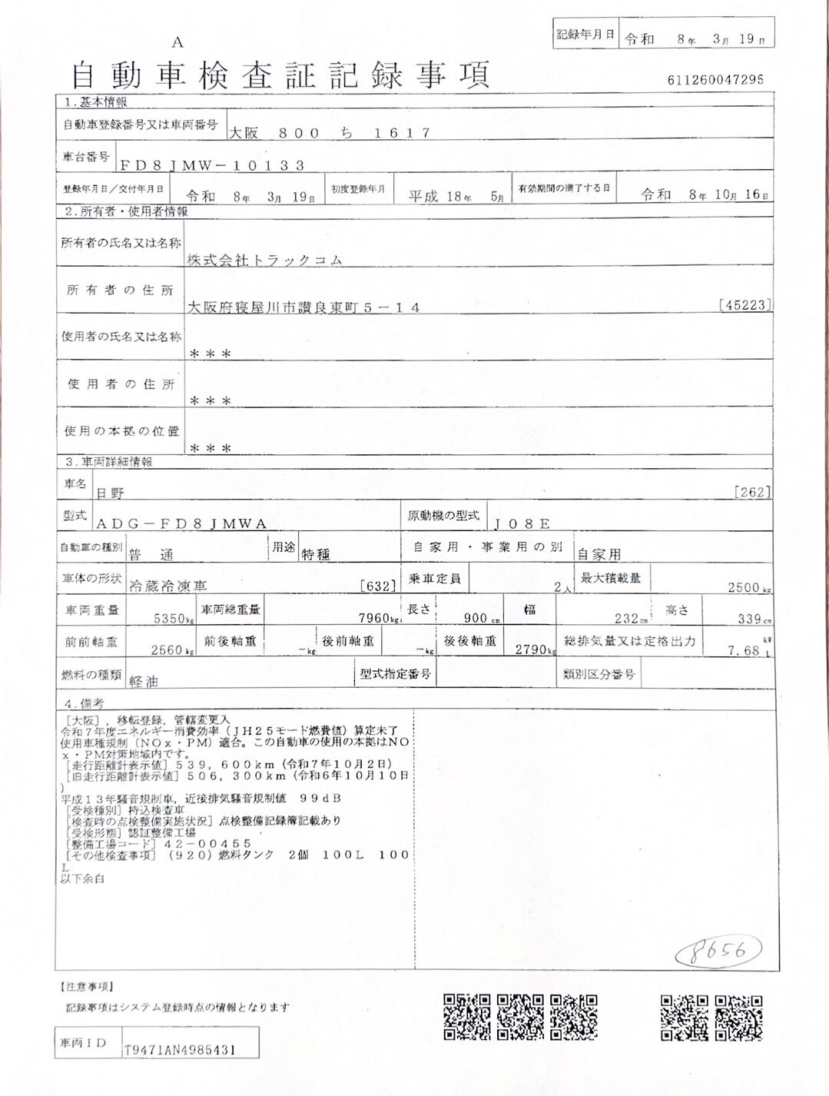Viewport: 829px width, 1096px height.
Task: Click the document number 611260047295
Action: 715,79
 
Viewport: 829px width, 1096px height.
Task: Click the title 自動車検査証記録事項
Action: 280,75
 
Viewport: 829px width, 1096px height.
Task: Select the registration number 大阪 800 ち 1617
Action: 330,133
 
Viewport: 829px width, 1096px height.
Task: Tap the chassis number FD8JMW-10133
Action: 212,165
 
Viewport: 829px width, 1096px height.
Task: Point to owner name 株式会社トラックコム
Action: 265,261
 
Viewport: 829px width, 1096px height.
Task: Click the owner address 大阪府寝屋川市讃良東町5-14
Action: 304,307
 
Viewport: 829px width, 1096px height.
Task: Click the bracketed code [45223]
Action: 745,305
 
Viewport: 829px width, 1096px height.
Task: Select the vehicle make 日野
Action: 109,493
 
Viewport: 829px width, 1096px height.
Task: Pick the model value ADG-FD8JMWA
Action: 181,523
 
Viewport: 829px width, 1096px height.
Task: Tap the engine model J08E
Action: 522,523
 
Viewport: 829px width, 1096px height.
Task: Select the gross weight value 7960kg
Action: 376,618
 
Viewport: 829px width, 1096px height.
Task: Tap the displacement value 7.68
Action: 744,650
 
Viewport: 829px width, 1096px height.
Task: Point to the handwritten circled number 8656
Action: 718,952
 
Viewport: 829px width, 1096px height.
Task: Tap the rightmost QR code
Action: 738,1018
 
